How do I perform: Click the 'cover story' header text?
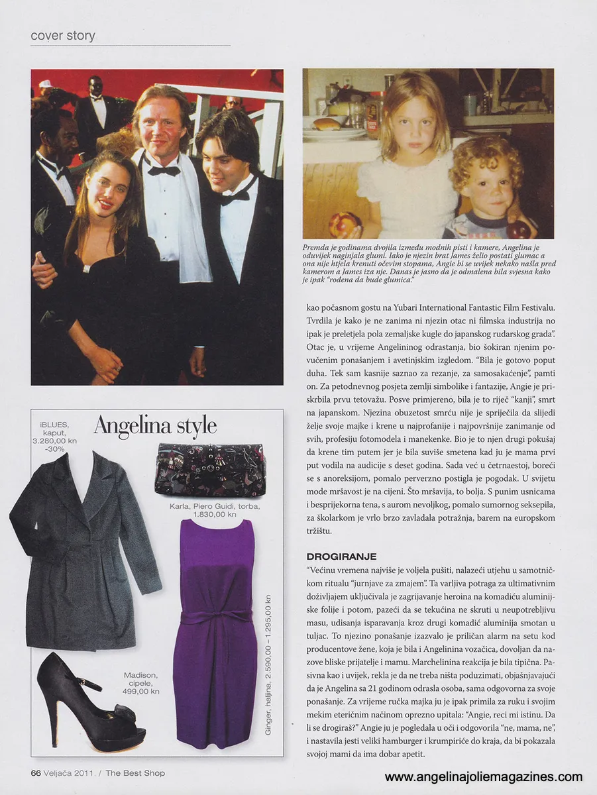(63, 36)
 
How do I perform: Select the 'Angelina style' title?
(155, 426)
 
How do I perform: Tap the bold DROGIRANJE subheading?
(341, 556)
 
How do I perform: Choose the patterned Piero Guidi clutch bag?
(210, 469)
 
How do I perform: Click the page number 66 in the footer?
(36, 772)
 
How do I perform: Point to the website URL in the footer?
(483, 776)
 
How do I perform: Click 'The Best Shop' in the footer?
(135, 772)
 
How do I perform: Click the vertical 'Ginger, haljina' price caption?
(268, 653)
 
